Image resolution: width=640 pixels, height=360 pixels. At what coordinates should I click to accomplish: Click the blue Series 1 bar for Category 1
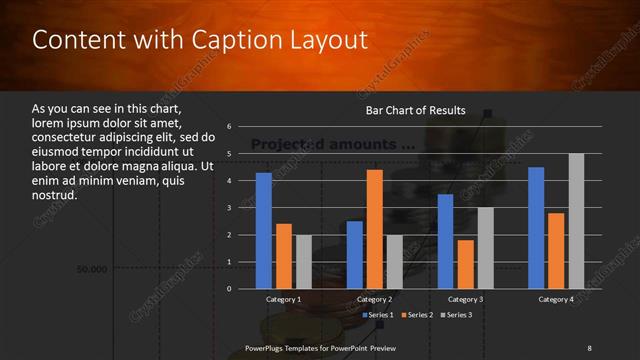(264, 231)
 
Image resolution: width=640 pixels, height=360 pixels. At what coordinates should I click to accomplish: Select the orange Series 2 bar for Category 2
(375, 229)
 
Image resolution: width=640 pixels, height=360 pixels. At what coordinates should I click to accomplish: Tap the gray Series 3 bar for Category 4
(576, 221)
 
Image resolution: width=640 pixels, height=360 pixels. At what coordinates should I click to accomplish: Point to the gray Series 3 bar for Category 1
(304, 262)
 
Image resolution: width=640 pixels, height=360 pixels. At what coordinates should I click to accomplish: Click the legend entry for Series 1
(377, 315)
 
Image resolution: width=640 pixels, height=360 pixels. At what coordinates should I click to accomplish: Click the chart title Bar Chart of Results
(414, 110)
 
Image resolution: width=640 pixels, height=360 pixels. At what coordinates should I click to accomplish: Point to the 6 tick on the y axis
(229, 127)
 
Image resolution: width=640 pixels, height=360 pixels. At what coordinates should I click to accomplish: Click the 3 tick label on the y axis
(229, 208)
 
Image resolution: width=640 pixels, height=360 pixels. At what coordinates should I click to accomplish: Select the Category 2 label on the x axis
(375, 299)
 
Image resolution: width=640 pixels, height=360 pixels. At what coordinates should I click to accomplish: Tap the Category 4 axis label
(556, 299)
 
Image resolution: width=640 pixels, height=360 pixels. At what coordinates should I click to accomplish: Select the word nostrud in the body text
(54, 195)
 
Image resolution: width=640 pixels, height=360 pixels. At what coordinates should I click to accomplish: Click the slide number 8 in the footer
(589, 347)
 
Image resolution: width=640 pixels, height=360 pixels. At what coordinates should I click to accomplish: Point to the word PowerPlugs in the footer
(266, 347)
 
